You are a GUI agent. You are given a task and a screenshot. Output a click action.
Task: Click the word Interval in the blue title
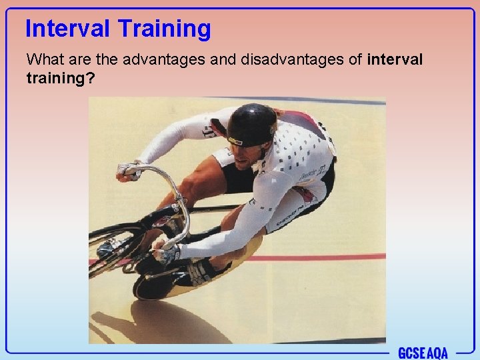(68, 29)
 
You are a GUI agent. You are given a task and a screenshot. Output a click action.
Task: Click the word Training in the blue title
(164, 29)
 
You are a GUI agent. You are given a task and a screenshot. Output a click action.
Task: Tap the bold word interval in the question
(395, 59)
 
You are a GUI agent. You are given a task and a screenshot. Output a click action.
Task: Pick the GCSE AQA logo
(423, 353)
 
